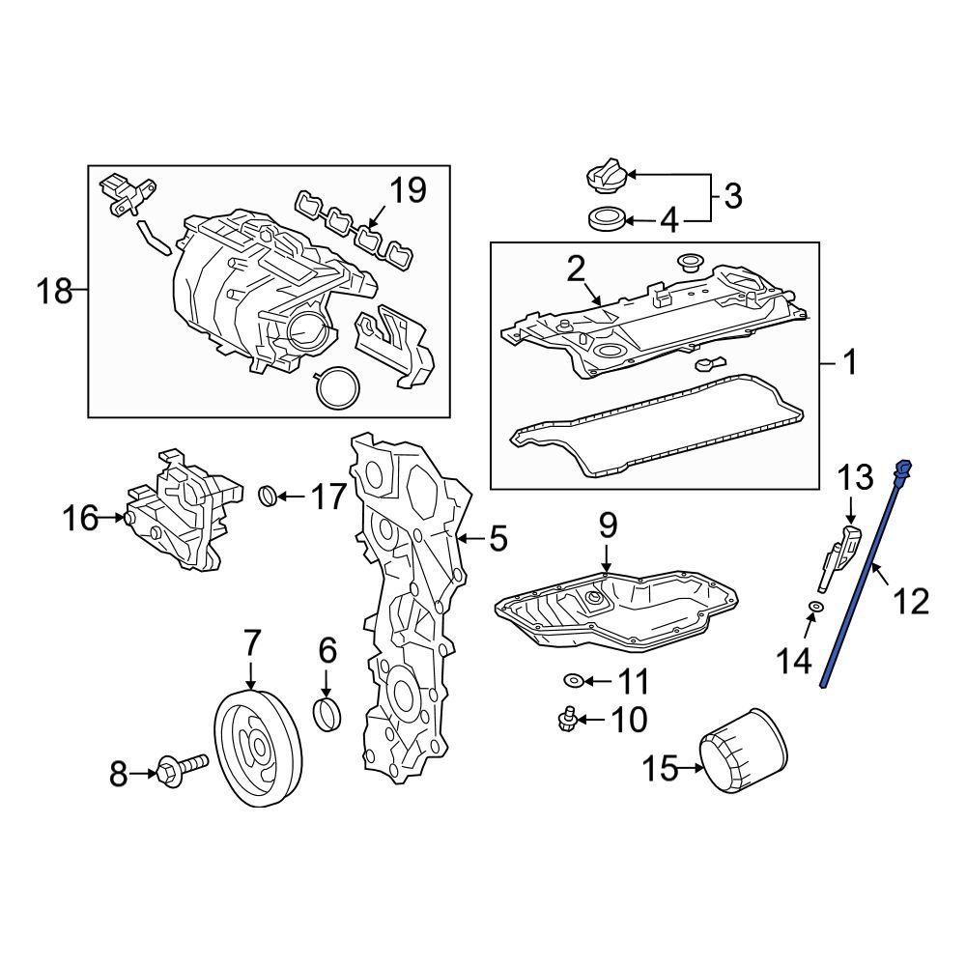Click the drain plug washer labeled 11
tap(574, 682)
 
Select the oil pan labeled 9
tap(618, 613)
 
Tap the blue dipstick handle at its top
tap(903, 470)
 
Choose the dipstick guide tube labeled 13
tap(838, 558)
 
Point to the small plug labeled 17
tap(269, 497)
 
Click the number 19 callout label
tap(407, 190)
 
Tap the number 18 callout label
tap(54, 290)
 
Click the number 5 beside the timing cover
tap(497, 538)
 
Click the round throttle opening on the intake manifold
tap(307, 334)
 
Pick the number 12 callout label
tap(910, 602)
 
